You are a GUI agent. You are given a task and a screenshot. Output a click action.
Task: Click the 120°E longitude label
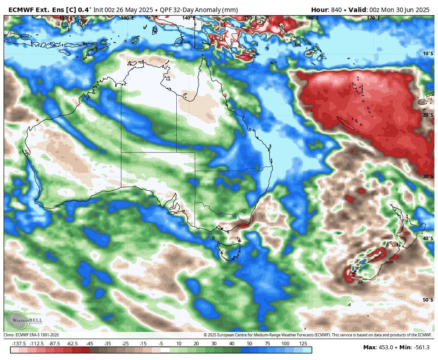[x=66, y=18]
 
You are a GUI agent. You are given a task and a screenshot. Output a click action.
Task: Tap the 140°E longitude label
[x=188, y=18]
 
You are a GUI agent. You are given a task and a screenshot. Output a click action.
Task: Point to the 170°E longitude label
[x=373, y=18]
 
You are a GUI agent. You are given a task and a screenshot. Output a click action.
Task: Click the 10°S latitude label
[x=427, y=54]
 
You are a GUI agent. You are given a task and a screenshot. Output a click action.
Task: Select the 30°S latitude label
[x=427, y=177]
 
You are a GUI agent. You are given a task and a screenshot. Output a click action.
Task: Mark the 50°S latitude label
[x=427, y=300]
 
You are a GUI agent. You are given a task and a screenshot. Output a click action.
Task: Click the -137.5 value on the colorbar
[x=19, y=344]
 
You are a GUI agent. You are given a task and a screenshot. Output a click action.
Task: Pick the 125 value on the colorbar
[x=303, y=344]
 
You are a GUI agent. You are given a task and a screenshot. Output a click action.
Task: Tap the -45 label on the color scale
[x=89, y=344]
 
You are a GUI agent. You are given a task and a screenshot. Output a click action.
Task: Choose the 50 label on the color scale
[x=249, y=344]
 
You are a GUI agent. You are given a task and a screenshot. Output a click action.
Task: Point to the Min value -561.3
[x=421, y=348]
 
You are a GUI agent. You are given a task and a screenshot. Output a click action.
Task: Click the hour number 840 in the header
[x=336, y=10]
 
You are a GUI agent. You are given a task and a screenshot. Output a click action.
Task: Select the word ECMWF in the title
[x=21, y=10]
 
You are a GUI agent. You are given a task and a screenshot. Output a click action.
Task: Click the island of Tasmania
[x=228, y=250]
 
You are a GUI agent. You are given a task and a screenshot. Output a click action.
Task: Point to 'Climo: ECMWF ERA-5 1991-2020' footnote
[x=31, y=335]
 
